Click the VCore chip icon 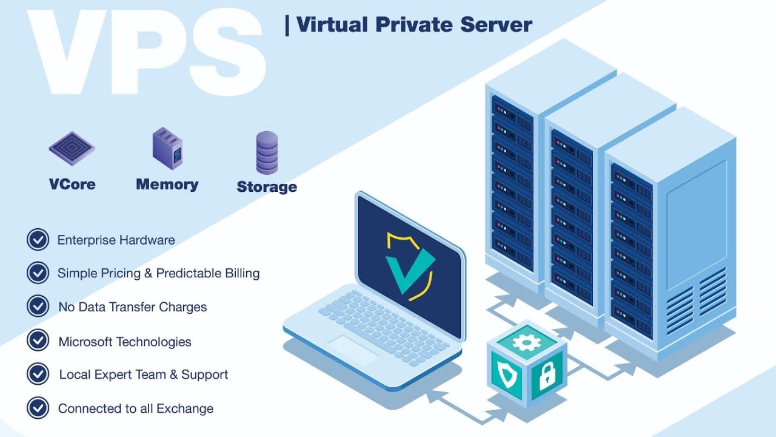(x=72, y=148)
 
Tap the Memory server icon (x=167, y=147)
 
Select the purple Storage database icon (x=267, y=153)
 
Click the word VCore (x=72, y=184)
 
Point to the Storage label (x=267, y=187)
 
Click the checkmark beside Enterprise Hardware (x=38, y=240)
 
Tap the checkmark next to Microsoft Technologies (x=38, y=340)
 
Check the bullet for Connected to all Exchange (x=38, y=407)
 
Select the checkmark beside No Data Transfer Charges (x=38, y=306)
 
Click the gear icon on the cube (x=526, y=342)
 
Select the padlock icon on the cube (x=547, y=376)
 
